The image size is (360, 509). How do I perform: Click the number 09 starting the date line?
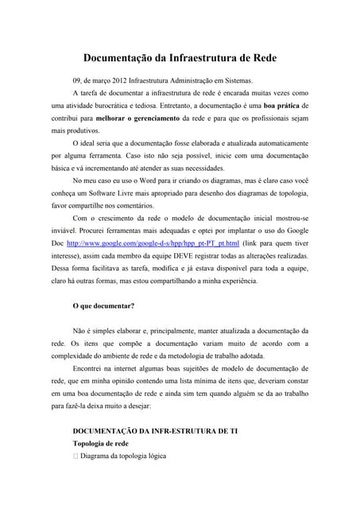pyautogui.click(x=77, y=80)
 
